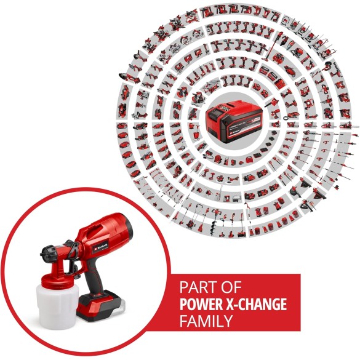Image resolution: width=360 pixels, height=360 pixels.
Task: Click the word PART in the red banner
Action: [x=196, y=287]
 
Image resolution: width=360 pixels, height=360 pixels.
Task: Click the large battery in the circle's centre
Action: [x=231, y=122]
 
